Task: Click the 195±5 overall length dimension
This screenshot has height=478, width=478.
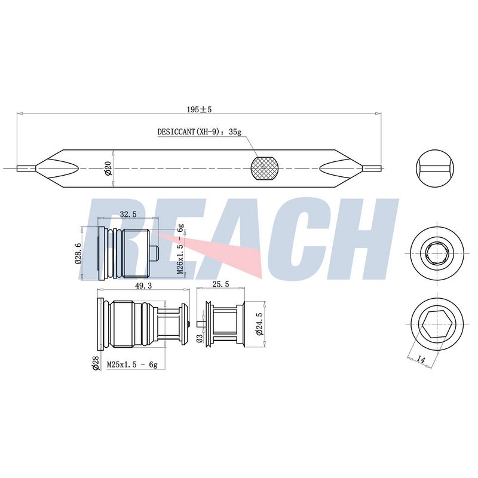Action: point(199,109)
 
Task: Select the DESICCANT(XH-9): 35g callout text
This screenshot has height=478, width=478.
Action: point(200,131)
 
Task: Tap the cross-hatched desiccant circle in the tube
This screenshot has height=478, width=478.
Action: point(265,168)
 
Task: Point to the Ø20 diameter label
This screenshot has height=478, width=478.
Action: point(108,168)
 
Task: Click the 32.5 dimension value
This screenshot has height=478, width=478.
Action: point(128,215)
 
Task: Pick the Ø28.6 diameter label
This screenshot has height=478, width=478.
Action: point(78,253)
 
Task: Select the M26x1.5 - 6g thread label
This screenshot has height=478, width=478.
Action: point(180,249)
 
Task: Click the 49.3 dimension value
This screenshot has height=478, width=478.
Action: point(143,286)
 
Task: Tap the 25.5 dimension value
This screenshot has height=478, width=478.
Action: point(220,284)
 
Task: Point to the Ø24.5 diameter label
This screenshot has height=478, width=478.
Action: point(259,324)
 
